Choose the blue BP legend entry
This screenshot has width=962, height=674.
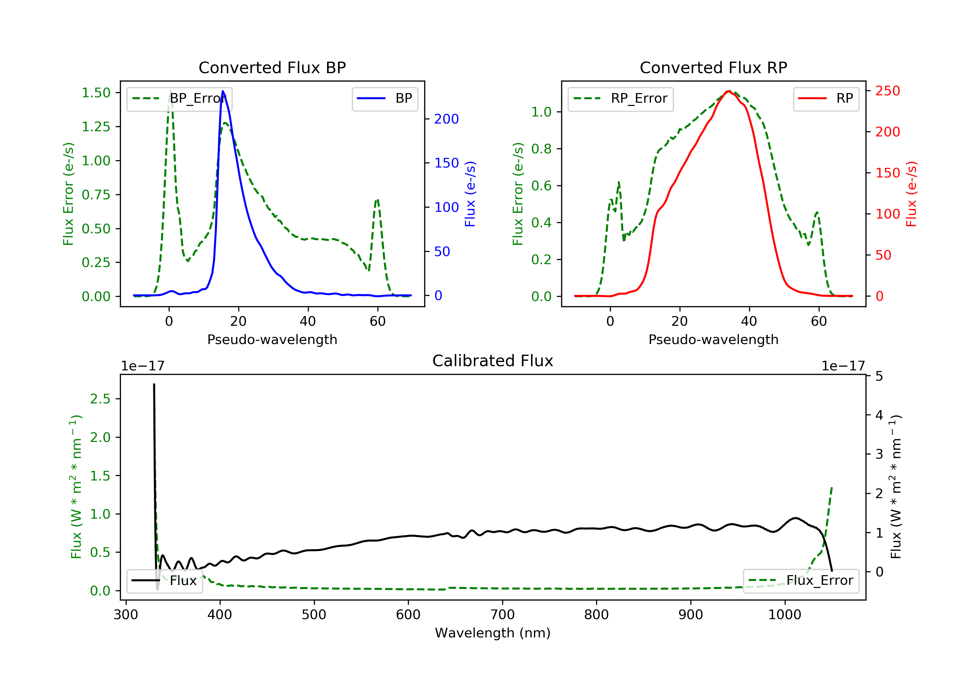click(384, 99)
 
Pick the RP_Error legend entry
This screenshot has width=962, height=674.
click(620, 99)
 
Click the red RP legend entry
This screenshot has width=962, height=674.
click(825, 99)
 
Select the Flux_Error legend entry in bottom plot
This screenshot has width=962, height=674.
click(801, 581)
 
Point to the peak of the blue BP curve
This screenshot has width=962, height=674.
click(223, 91)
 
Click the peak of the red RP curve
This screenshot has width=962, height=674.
click(729, 91)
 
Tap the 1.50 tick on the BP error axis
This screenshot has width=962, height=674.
click(96, 93)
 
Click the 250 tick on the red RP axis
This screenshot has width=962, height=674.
click(887, 91)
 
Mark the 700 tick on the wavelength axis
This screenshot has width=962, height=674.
click(502, 615)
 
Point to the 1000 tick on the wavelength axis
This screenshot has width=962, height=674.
click(784, 615)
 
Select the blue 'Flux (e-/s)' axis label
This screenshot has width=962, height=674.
click(470, 194)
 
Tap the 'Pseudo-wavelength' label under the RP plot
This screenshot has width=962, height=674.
click(713, 340)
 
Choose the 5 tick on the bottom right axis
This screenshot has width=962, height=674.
click(879, 376)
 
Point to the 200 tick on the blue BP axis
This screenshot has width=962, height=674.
click(446, 119)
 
